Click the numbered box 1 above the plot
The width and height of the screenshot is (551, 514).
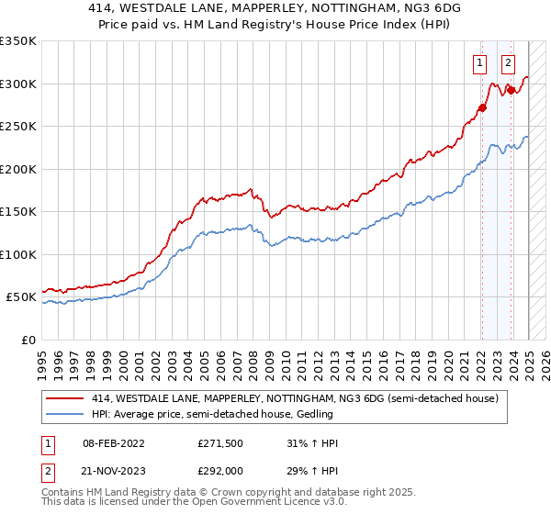coord(479,63)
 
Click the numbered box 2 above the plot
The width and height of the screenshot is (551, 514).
coord(508,63)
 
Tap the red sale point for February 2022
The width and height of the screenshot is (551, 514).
coord(481,108)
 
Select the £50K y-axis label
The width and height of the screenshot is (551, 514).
coord(21,297)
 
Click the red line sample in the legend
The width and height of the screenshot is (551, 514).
coord(64,398)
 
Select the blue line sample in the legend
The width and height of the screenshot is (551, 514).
coord(64,414)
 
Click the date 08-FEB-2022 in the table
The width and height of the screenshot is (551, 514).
coord(108,443)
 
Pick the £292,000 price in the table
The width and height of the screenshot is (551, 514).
coord(219,470)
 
